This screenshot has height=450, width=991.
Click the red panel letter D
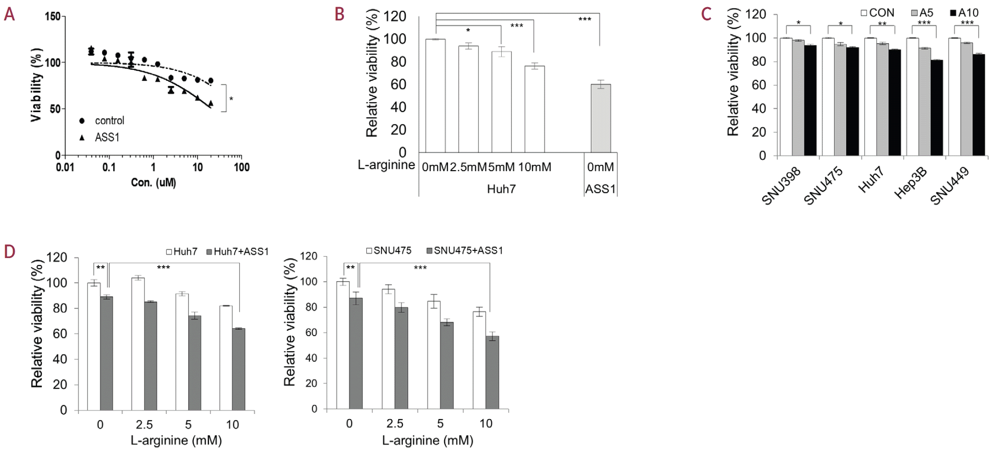pos(10,251)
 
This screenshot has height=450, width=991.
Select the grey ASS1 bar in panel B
pos(600,118)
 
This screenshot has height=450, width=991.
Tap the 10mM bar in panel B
pos(534,109)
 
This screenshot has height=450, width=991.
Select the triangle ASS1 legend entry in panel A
pos(102,137)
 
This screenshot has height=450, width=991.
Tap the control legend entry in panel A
pos(104,121)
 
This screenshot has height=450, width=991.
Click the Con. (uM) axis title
pos(153,182)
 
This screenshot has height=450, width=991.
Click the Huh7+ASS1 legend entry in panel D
pos(236,252)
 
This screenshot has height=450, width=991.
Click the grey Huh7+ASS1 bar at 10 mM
pos(238,369)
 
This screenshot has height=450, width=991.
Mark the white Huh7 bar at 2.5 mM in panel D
pos(138,344)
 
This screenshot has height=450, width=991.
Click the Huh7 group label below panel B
pos(501,189)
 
